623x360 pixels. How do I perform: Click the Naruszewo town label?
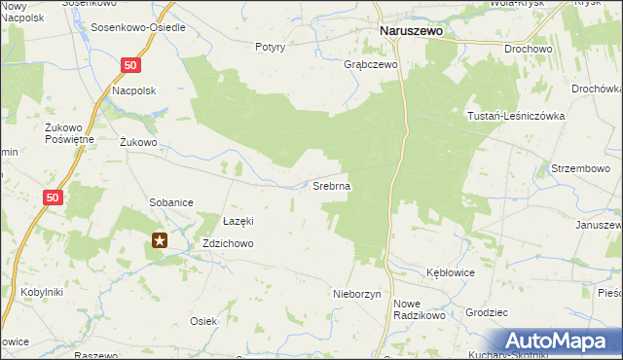tap(410, 30)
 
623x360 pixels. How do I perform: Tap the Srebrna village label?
tap(331, 185)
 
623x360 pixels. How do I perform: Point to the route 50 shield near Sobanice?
tap(55, 198)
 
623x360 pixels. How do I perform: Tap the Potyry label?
tap(270, 47)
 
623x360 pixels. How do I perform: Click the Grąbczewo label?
tap(371, 65)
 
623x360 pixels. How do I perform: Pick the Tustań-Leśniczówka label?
tap(516, 114)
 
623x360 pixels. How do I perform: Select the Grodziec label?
tap(488, 313)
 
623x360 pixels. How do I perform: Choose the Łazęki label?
tap(238, 221)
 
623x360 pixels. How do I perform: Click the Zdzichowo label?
tap(227, 243)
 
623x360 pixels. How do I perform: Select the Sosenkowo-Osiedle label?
tap(138, 26)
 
